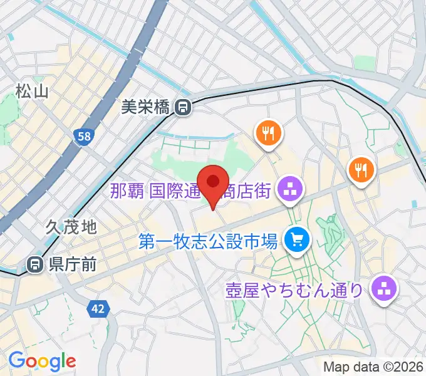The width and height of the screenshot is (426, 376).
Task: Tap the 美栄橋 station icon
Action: (183, 108)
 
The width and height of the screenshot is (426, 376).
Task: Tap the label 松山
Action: (33, 91)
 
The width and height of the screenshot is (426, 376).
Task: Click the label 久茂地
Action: (71, 227)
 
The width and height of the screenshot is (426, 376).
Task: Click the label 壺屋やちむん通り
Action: (294, 290)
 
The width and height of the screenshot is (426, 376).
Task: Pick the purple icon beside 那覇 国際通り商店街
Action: (289, 191)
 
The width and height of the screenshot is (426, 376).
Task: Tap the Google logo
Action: (42, 360)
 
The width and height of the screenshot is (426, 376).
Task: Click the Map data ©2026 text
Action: (373, 367)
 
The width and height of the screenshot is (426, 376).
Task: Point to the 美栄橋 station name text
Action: (145, 108)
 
